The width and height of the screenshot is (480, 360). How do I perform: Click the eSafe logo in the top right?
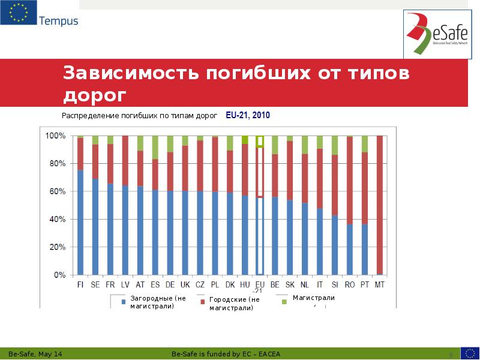point(437,35)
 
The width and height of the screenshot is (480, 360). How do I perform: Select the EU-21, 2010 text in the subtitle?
point(248,115)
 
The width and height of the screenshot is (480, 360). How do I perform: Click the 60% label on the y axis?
point(56,191)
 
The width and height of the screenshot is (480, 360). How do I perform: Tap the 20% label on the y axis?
point(56,247)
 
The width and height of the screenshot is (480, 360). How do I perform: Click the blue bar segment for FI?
point(80,222)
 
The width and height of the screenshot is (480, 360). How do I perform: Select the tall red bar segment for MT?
point(379,204)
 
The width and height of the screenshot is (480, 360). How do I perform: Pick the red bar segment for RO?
point(350,180)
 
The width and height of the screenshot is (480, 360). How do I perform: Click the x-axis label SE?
point(95,285)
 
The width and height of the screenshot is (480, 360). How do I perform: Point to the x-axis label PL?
point(215,285)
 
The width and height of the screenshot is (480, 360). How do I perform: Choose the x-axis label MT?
point(379,285)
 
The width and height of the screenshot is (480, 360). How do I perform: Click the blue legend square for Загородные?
point(124,302)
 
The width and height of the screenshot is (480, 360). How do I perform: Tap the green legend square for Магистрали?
point(284,302)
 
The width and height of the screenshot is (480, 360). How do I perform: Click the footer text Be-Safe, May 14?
point(37,353)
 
